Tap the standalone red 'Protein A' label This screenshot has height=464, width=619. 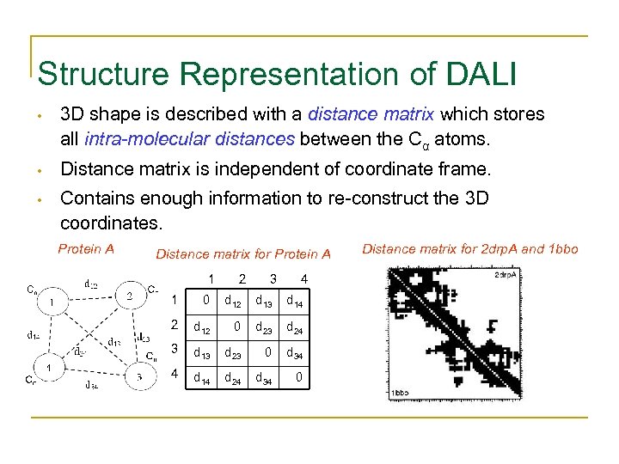86,249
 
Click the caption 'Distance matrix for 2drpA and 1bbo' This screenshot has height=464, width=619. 470,249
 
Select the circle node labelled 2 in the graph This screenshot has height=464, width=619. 130,295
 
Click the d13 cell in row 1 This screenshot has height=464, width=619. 267,301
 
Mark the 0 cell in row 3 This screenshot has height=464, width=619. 268,351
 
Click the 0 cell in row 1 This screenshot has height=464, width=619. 205,300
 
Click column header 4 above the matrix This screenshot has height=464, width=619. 303,278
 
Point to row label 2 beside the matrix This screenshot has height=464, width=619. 174,326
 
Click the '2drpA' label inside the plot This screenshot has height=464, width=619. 505,275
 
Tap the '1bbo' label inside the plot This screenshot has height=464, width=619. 401,393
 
